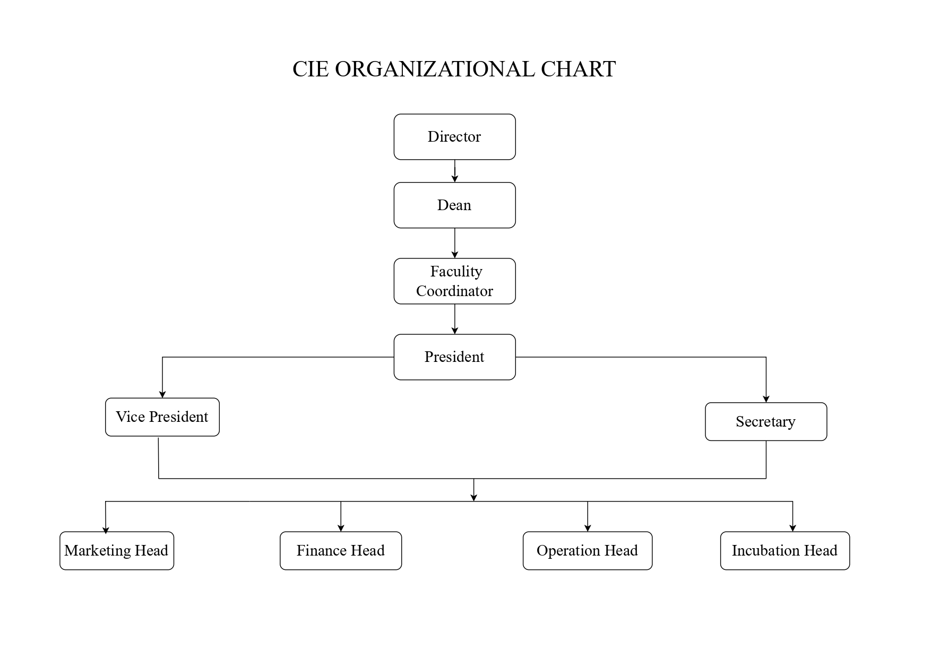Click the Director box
[454, 137]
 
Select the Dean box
[454, 205]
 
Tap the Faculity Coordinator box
[454, 281]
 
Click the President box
[454, 357]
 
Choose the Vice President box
[162, 417]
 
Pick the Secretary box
[765, 422]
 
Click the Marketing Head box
[116, 551]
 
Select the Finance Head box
[340, 551]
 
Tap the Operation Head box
[587, 551]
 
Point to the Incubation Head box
[785, 551]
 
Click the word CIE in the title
[311, 70]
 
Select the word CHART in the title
[578, 70]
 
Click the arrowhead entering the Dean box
[454, 179]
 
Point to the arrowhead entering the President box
[454, 331]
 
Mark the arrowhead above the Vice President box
[162, 394]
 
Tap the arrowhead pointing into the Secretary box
[766, 399]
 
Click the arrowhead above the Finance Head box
[341, 528]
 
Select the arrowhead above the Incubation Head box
[792, 528]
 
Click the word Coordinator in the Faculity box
[454, 291]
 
